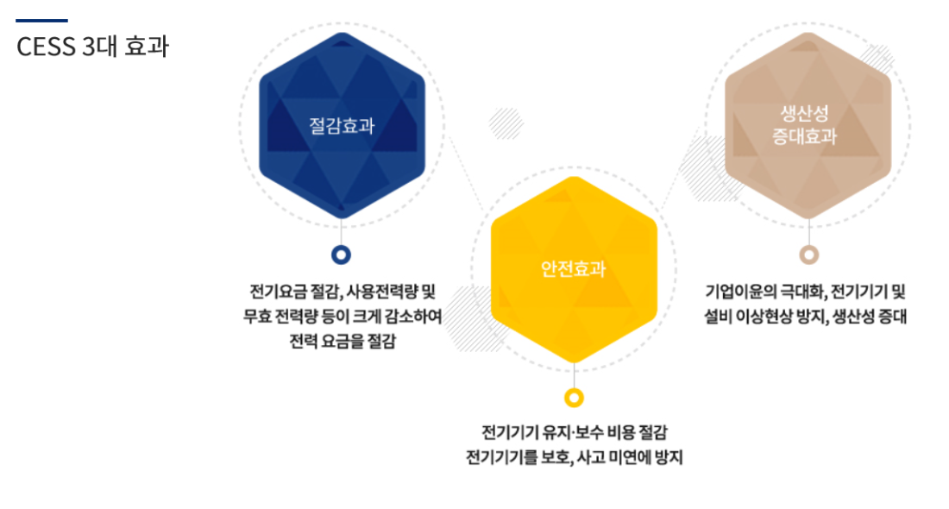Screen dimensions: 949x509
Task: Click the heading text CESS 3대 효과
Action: pyautogui.click(x=92, y=47)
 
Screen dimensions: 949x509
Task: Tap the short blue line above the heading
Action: pyautogui.click(x=41, y=21)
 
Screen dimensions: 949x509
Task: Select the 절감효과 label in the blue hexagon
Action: pyautogui.click(x=342, y=126)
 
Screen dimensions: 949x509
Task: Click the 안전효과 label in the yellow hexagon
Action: pyautogui.click(x=573, y=268)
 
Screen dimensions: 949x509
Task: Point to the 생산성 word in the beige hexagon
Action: pyautogui.click(x=804, y=113)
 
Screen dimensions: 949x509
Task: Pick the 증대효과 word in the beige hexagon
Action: pyautogui.click(x=804, y=136)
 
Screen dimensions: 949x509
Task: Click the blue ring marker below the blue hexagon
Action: pyautogui.click(x=342, y=255)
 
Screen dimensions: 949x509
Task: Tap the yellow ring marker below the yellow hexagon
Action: pyautogui.click(x=574, y=398)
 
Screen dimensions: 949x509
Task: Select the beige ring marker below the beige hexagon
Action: pyautogui.click(x=809, y=255)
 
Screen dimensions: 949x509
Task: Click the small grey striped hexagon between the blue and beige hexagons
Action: pyautogui.click(x=506, y=123)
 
